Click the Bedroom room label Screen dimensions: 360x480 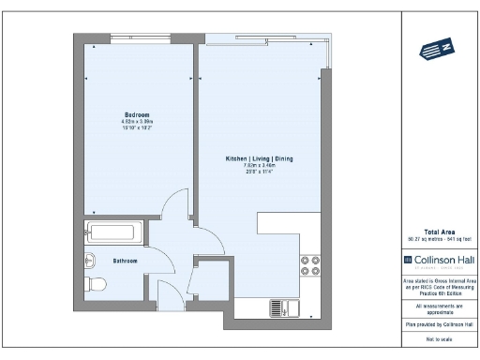click(x=137, y=114)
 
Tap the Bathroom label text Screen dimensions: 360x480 click(x=126, y=261)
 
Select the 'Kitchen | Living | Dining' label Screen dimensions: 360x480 click(x=259, y=159)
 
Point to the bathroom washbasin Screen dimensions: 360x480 click(x=91, y=260)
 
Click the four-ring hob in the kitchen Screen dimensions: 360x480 click(x=309, y=266)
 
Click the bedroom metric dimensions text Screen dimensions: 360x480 click(x=137, y=122)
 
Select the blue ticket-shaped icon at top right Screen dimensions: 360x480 click(x=438, y=50)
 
